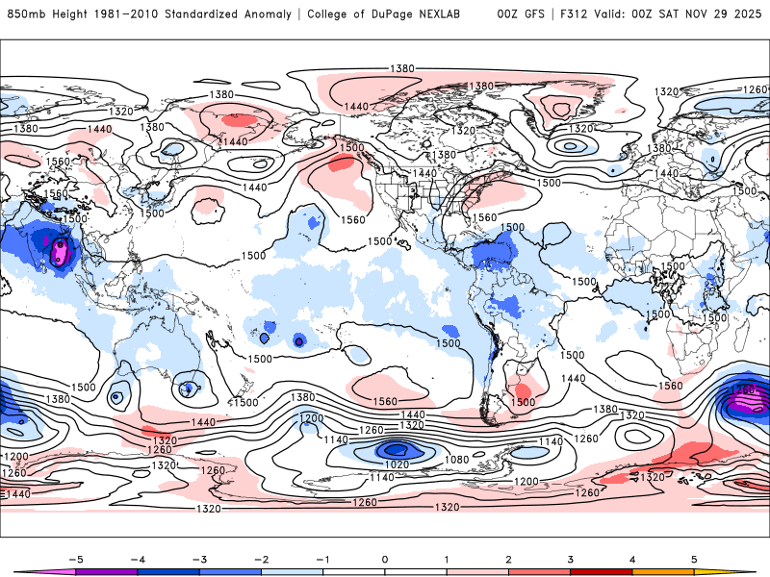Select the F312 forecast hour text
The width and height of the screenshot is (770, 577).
pyautogui.click(x=572, y=14)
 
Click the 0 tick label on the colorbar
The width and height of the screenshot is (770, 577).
pyautogui.click(x=384, y=559)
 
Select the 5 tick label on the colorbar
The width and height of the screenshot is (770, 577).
pyautogui.click(x=693, y=559)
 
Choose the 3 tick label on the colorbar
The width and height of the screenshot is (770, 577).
pyautogui.click(x=570, y=559)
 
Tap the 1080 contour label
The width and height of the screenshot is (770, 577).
pyautogui.click(x=456, y=460)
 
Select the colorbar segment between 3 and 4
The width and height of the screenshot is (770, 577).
pyautogui.click(x=601, y=570)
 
